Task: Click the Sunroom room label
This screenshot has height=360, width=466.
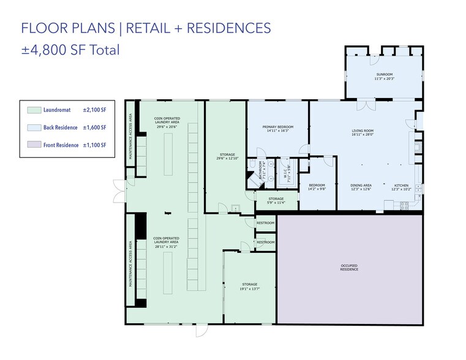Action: (384, 76)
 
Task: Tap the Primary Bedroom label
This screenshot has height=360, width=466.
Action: (278, 129)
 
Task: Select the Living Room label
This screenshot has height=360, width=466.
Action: (363, 132)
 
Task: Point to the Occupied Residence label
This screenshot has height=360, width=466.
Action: (349, 268)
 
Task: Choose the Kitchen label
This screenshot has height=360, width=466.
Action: (401, 187)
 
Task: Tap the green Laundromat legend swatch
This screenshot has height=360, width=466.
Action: (34, 110)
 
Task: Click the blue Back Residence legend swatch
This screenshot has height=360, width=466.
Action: (34, 127)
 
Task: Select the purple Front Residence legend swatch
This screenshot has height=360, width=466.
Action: (34, 145)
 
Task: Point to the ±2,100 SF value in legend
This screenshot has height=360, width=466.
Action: (95, 110)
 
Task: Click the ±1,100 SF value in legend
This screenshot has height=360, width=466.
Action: (95, 145)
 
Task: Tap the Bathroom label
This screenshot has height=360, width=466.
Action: (260, 169)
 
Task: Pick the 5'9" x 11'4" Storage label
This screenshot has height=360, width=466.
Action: (276, 200)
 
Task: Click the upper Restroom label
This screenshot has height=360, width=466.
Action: (265, 223)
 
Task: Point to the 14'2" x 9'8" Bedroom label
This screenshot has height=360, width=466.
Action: (317, 187)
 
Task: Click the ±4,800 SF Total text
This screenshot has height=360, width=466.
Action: (70, 50)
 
